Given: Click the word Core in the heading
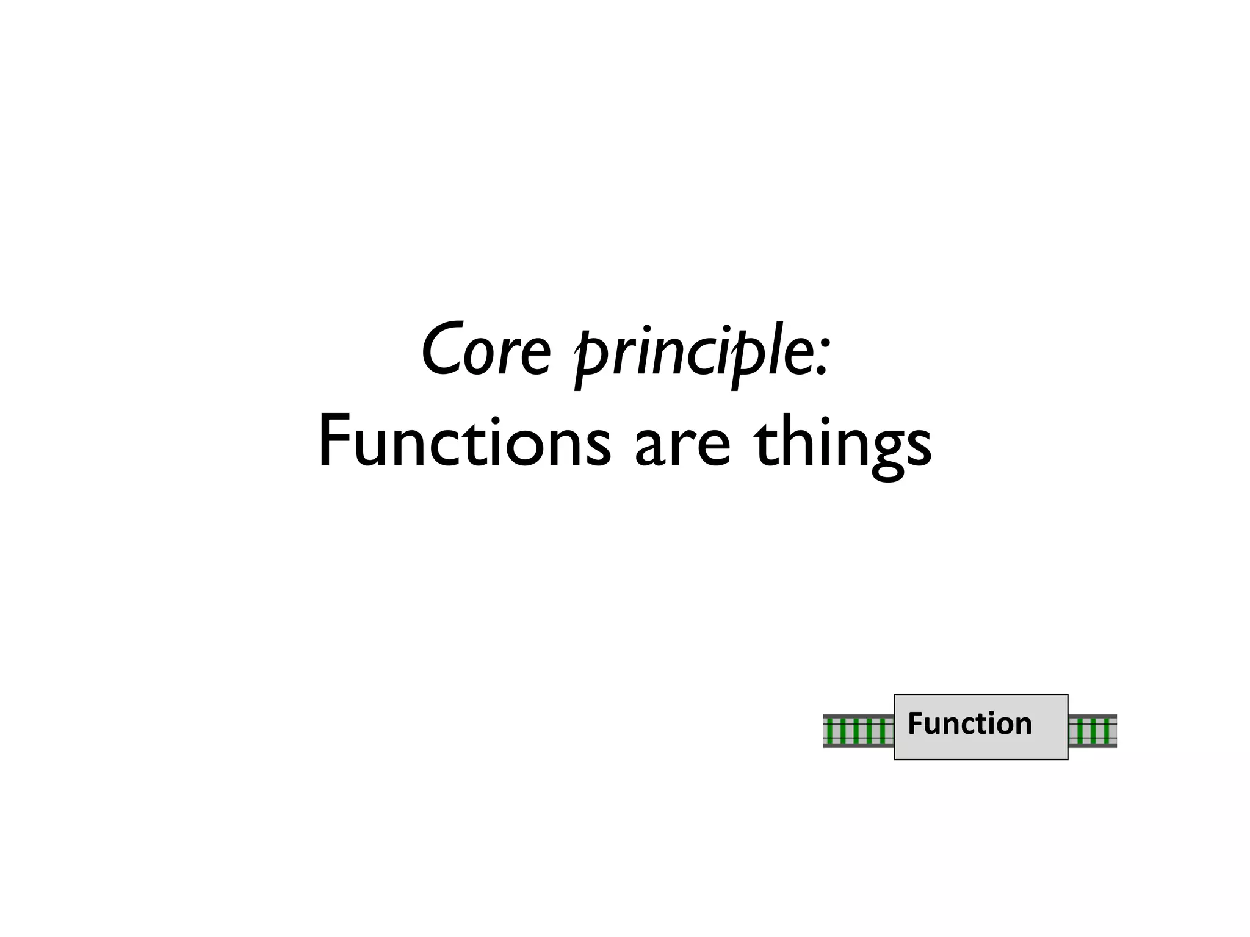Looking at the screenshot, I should (x=486, y=350).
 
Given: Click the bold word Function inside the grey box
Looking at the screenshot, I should (x=969, y=723).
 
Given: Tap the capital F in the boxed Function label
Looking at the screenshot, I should (x=915, y=723).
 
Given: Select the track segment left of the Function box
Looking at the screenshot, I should (x=858, y=731).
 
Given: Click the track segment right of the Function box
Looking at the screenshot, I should (x=1093, y=731).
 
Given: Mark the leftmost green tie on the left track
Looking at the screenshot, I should (x=830, y=731).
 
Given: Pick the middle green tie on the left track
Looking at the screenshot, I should (x=856, y=731).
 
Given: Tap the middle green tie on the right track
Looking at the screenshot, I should (x=1093, y=731).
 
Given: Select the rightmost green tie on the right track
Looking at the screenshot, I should (x=1106, y=731).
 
